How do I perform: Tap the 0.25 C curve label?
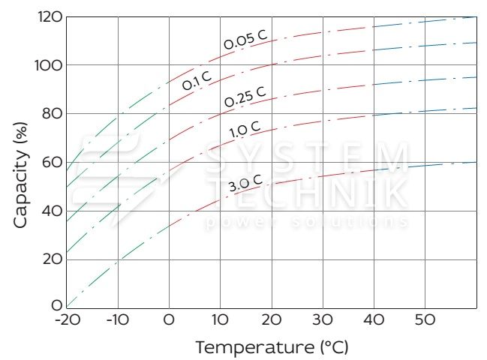coord(245,97)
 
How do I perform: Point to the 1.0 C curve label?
coord(245,130)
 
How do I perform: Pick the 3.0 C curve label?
coord(245,182)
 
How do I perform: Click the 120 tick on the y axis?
coord(48,16)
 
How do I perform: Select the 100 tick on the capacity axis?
coord(48,65)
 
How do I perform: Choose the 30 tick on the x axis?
coord(323,320)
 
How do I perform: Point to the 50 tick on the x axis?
coord(425,320)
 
